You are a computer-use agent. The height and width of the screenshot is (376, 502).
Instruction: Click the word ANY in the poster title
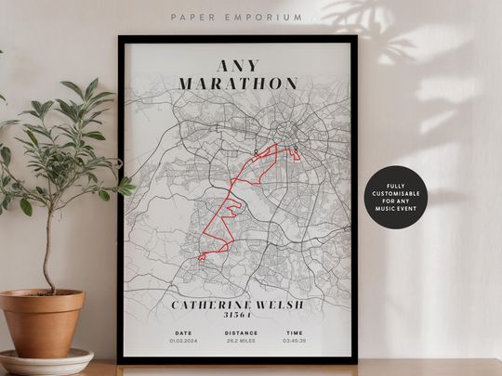click(x=239, y=66)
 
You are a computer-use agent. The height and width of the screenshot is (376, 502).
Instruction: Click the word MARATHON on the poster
click(x=239, y=84)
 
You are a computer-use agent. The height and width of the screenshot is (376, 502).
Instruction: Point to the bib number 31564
click(x=239, y=316)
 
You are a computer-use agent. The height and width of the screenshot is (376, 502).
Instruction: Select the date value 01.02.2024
click(x=183, y=342)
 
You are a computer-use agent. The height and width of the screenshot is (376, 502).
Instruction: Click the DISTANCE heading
click(x=240, y=332)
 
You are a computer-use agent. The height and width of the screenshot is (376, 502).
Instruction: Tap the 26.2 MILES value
click(x=240, y=342)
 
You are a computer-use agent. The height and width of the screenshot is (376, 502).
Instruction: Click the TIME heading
click(x=294, y=332)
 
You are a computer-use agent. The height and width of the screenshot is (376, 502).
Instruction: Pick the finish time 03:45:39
click(x=294, y=342)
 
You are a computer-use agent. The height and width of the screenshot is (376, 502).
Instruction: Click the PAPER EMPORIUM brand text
click(x=237, y=17)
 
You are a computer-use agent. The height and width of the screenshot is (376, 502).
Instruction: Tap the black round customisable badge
click(x=396, y=198)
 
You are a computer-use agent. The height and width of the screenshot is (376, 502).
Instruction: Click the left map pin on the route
click(x=256, y=149)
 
